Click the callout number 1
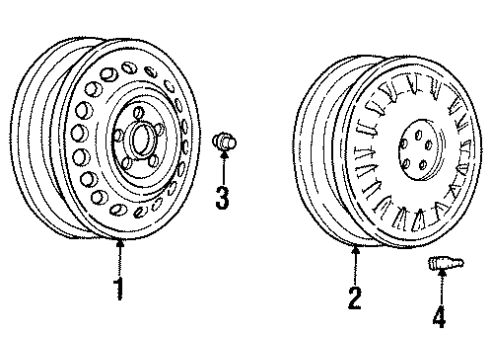point(119,290)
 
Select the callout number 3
point(223,197)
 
